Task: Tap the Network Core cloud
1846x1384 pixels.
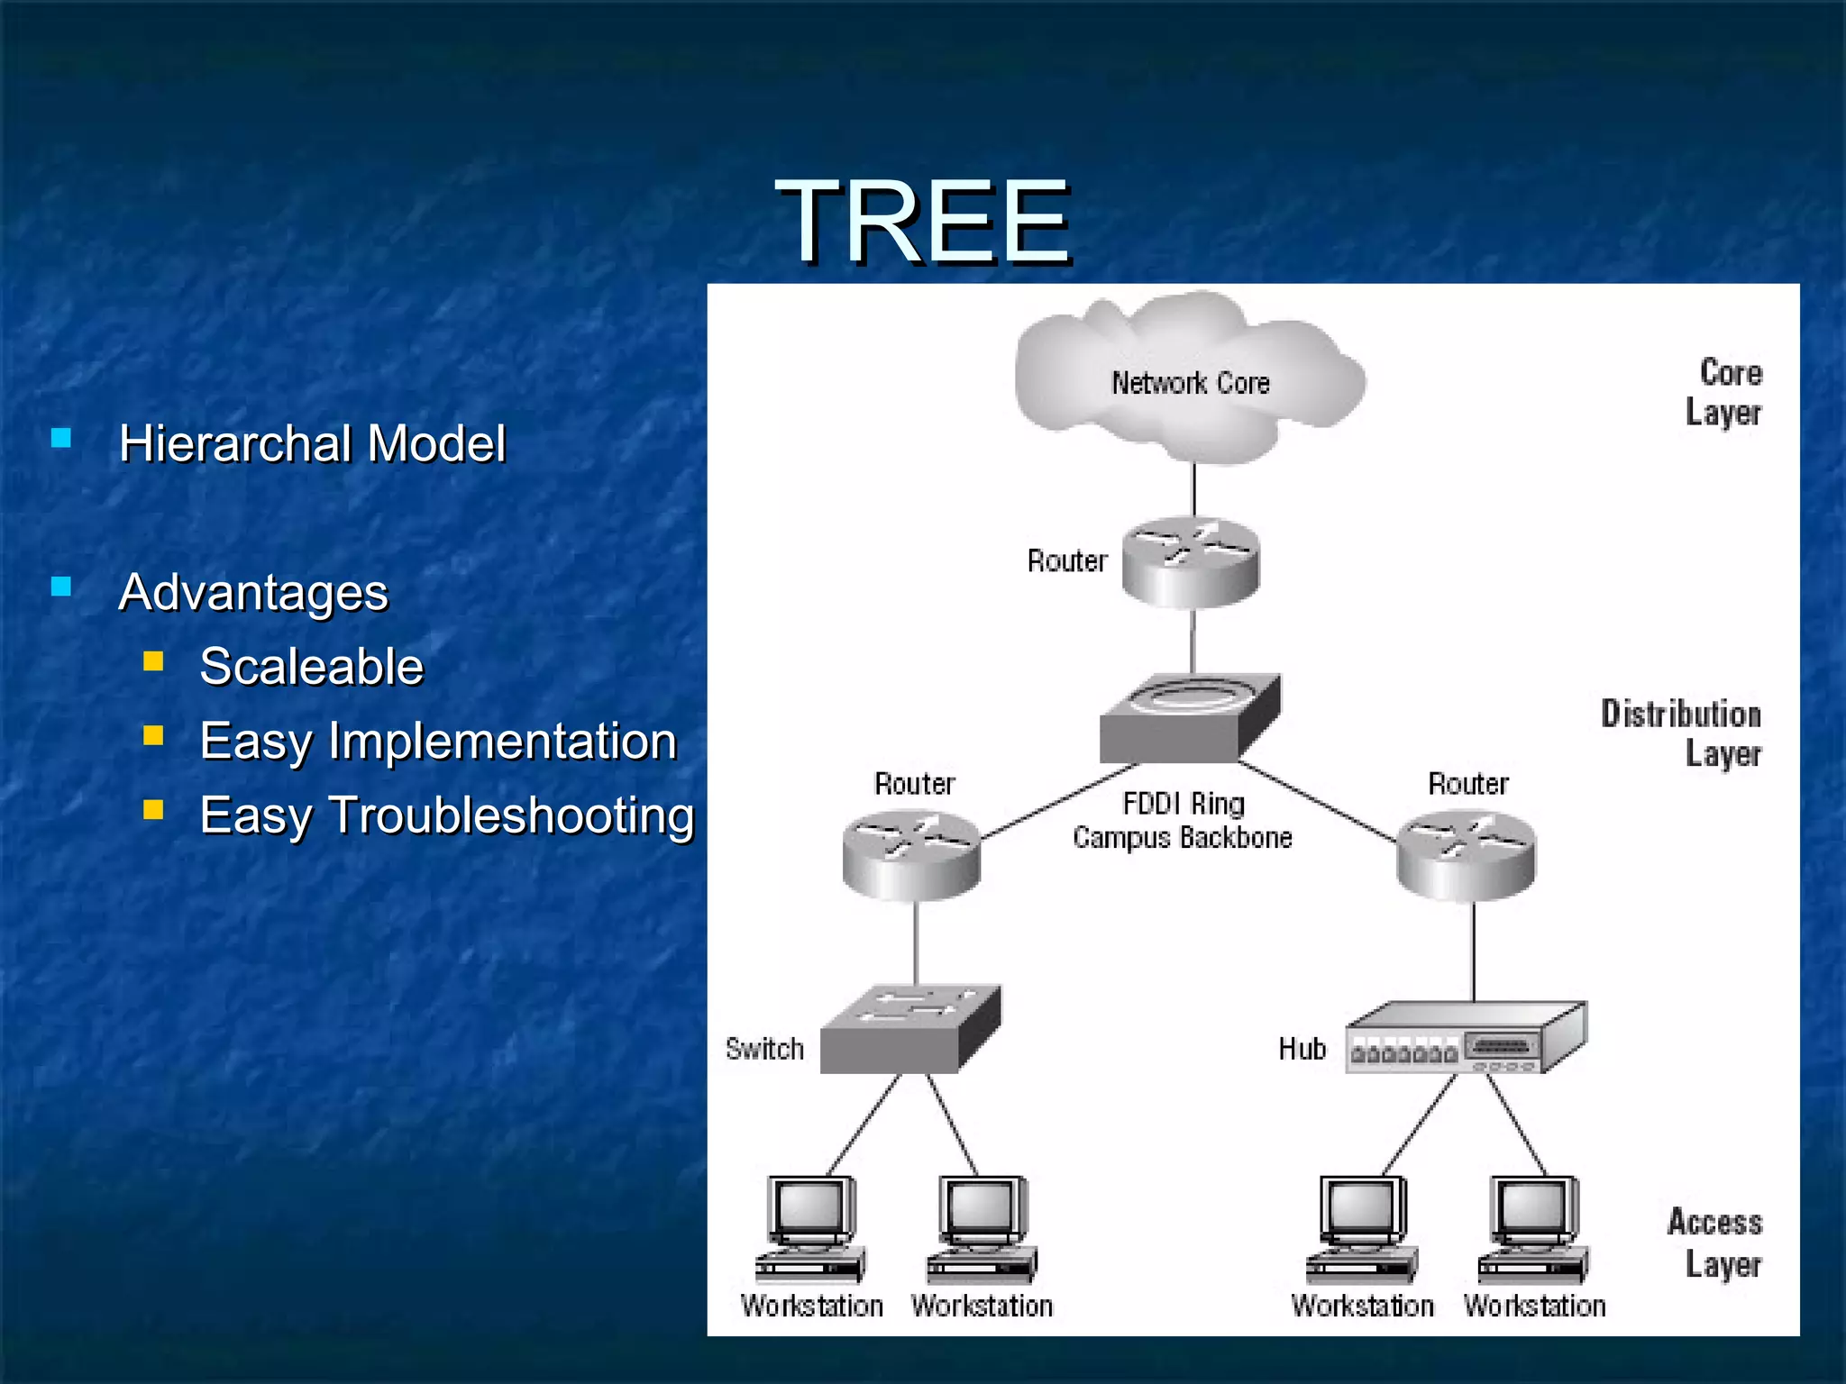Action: click(1190, 378)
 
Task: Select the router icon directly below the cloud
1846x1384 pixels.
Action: click(1191, 563)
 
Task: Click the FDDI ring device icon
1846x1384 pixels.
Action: click(1188, 719)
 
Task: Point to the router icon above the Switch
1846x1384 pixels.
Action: click(911, 855)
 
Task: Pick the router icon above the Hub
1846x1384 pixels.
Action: click(1466, 855)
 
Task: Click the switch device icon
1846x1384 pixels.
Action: click(909, 1029)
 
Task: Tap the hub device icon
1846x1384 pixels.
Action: click(1465, 1038)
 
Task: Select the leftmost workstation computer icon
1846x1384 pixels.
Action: click(810, 1229)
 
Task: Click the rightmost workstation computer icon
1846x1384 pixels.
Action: click(1534, 1229)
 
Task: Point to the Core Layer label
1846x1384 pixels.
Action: click(1723, 392)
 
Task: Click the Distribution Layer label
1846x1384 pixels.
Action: click(1681, 733)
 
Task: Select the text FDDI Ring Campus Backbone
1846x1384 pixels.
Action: click(1183, 820)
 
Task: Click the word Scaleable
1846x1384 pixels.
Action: click(311, 667)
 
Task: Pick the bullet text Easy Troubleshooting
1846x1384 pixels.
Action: click(447, 815)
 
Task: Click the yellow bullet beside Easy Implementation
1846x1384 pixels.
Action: click(153, 737)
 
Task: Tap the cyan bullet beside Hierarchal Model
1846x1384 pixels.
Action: click(61, 439)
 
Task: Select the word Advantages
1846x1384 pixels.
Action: click(253, 593)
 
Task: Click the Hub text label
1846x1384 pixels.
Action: click(1302, 1049)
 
